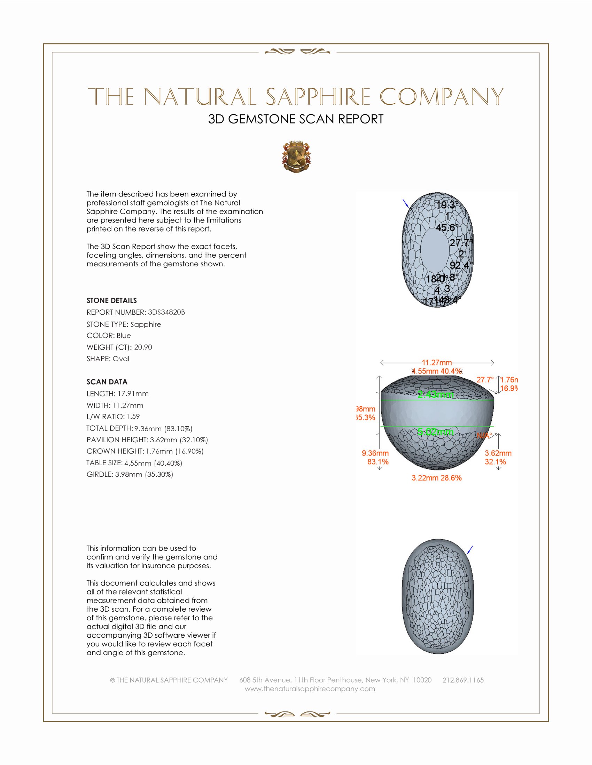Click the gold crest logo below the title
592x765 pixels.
pyautogui.click(x=296, y=157)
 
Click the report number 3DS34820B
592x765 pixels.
pyautogui.click(x=166, y=312)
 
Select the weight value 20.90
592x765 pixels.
pyautogui.click(x=143, y=347)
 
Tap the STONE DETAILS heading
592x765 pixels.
pyautogui.click(x=111, y=300)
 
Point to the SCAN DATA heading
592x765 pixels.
pyautogui.click(x=107, y=382)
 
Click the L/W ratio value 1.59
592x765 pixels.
pyautogui.click(x=133, y=417)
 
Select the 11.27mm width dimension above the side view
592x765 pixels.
pyautogui.click(x=437, y=363)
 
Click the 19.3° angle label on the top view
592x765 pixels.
pyautogui.click(x=447, y=205)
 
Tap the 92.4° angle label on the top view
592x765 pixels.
pyautogui.click(x=461, y=265)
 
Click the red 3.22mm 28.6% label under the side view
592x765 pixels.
pyautogui.click(x=437, y=478)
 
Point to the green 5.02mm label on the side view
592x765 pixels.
pyautogui.click(x=435, y=432)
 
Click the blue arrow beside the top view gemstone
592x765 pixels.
pyautogui.click(x=405, y=203)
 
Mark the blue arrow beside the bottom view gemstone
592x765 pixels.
pyautogui.click(x=470, y=550)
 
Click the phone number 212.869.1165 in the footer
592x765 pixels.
pyautogui.click(x=463, y=680)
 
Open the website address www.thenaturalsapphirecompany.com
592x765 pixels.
pyautogui.click(x=310, y=688)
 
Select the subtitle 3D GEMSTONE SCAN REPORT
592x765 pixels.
pyautogui.click(x=296, y=119)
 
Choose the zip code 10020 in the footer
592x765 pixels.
pyautogui.click(x=422, y=680)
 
